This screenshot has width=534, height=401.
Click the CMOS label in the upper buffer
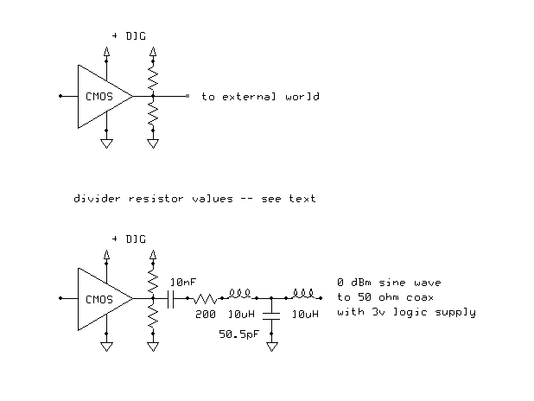click(x=99, y=97)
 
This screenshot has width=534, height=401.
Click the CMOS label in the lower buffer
click(x=99, y=300)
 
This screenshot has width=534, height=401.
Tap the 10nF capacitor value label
click(x=183, y=282)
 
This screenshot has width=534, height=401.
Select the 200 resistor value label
click(x=206, y=314)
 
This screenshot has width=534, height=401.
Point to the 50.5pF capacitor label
click(x=239, y=334)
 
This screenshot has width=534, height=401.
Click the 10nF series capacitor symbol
click(x=171, y=298)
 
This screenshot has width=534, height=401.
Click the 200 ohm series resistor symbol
click(x=205, y=299)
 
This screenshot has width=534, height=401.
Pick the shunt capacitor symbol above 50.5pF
click(x=271, y=315)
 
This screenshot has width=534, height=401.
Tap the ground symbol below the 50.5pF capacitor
click(x=272, y=347)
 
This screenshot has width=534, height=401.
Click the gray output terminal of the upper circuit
click(x=188, y=96)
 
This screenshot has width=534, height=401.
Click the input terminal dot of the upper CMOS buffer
click(x=60, y=96)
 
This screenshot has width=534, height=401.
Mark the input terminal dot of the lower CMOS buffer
click(x=60, y=298)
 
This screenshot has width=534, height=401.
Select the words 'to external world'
click(x=261, y=97)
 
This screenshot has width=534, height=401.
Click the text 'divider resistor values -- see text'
click(x=194, y=198)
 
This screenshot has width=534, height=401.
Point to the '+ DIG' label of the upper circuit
click(x=129, y=35)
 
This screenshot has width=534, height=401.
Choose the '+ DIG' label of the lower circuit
click(x=129, y=239)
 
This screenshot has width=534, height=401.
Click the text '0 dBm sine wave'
click(x=389, y=283)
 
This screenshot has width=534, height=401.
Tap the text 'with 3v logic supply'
click(x=406, y=312)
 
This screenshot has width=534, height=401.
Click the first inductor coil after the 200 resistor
click(x=239, y=294)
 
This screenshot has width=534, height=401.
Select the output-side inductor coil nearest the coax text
click(x=303, y=294)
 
